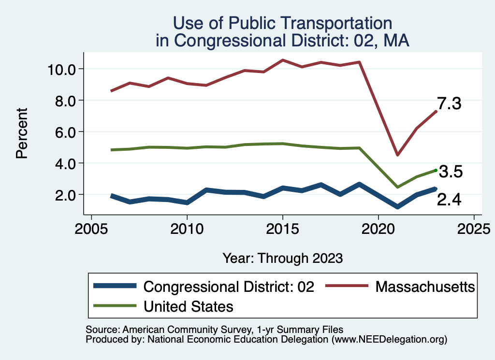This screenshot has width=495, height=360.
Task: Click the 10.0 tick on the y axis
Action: point(62,69)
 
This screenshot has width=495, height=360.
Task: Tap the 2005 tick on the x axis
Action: point(91,228)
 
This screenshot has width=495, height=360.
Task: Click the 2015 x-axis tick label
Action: point(282,228)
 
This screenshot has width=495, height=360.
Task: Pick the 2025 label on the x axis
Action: point(474,228)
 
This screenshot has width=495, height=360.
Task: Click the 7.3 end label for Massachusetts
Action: point(450,104)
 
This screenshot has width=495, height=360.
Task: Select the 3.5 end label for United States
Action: point(451,172)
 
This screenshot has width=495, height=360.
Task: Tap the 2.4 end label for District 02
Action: point(450,200)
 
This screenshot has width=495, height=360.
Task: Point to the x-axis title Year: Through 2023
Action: point(283,258)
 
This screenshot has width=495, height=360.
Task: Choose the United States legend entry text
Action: point(189,306)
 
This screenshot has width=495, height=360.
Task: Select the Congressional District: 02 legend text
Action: point(229,287)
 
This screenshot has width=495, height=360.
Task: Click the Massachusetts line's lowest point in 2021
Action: point(397,155)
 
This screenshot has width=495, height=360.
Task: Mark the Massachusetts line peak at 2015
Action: point(282,60)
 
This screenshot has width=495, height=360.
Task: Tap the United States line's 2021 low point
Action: point(397,187)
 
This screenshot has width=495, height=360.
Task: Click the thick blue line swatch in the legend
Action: point(116,287)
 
